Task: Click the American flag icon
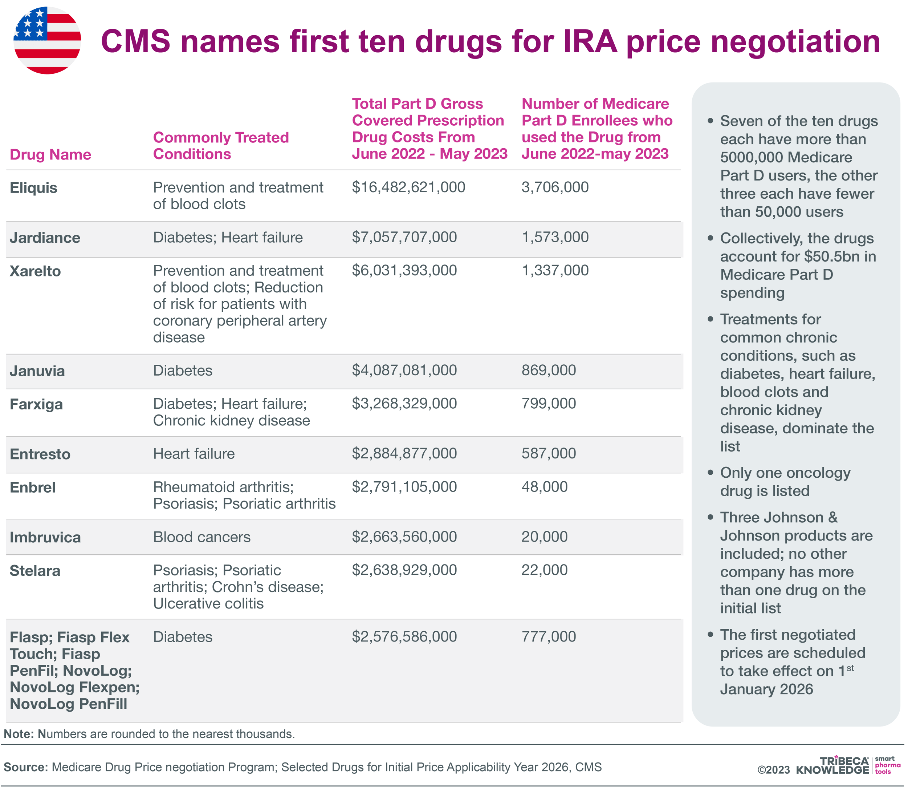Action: [x=47, y=40]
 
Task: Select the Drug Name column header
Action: [x=50, y=154]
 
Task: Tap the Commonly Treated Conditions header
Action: [x=221, y=145]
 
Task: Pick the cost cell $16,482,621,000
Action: [x=408, y=187]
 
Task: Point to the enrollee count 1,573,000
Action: [x=554, y=237]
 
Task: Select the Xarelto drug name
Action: [x=35, y=271]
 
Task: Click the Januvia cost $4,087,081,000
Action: [x=404, y=370]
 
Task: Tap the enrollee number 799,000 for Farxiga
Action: [x=548, y=403]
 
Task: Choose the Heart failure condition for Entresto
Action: [x=194, y=453]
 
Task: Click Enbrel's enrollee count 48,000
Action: [x=544, y=486]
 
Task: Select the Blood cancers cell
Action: [x=202, y=537]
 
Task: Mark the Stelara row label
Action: [x=34, y=570]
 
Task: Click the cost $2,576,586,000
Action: [x=404, y=636]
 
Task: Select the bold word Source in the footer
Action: [x=25, y=767]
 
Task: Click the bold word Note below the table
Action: [x=19, y=734]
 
